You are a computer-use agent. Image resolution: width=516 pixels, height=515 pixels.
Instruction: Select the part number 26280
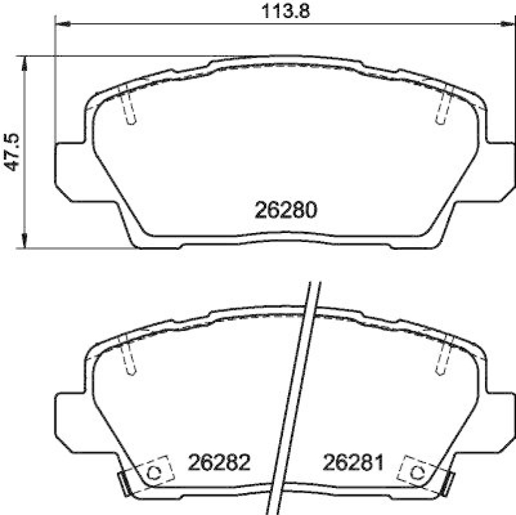pyautogui.click(x=285, y=210)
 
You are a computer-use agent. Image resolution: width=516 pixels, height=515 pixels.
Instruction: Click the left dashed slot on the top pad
pyautogui.click(x=128, y=105)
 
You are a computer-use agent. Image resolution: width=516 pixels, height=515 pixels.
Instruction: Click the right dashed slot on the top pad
pyautogui.click(x=443, y=105)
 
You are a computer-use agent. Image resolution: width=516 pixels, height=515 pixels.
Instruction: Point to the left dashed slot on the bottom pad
pyautogui.click(x=128, y=356)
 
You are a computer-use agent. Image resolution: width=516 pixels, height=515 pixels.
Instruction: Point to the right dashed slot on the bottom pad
pyautogui.click(x=443, y=356)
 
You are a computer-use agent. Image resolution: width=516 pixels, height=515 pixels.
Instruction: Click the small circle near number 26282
pyautogui.click(x=154, y=472)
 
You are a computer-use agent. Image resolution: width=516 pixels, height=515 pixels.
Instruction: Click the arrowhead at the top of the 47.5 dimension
pyautogui.click(x=25, y=61)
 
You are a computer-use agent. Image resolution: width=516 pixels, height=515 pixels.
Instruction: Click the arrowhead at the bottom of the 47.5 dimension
pyautogui.click(x=25, y=241)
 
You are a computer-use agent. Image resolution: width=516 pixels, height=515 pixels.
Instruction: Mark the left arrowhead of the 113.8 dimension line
pyautogui.click(x=63, y=24)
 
